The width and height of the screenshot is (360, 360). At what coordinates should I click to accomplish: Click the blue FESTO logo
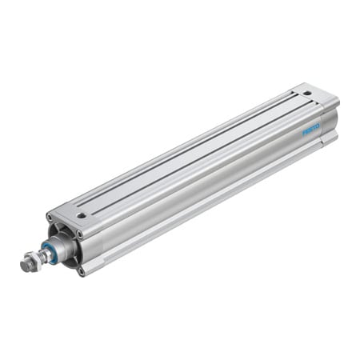pos(311,128)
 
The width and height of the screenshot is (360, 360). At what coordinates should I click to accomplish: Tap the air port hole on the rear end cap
pos(306,94)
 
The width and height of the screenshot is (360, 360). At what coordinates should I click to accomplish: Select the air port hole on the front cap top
pos(81,215)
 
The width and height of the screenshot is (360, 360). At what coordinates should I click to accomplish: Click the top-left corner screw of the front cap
pos(50,218)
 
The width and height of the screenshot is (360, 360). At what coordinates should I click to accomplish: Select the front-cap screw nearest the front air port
pos(78,234)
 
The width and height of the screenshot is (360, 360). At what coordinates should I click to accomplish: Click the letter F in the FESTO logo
pos(305,132)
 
